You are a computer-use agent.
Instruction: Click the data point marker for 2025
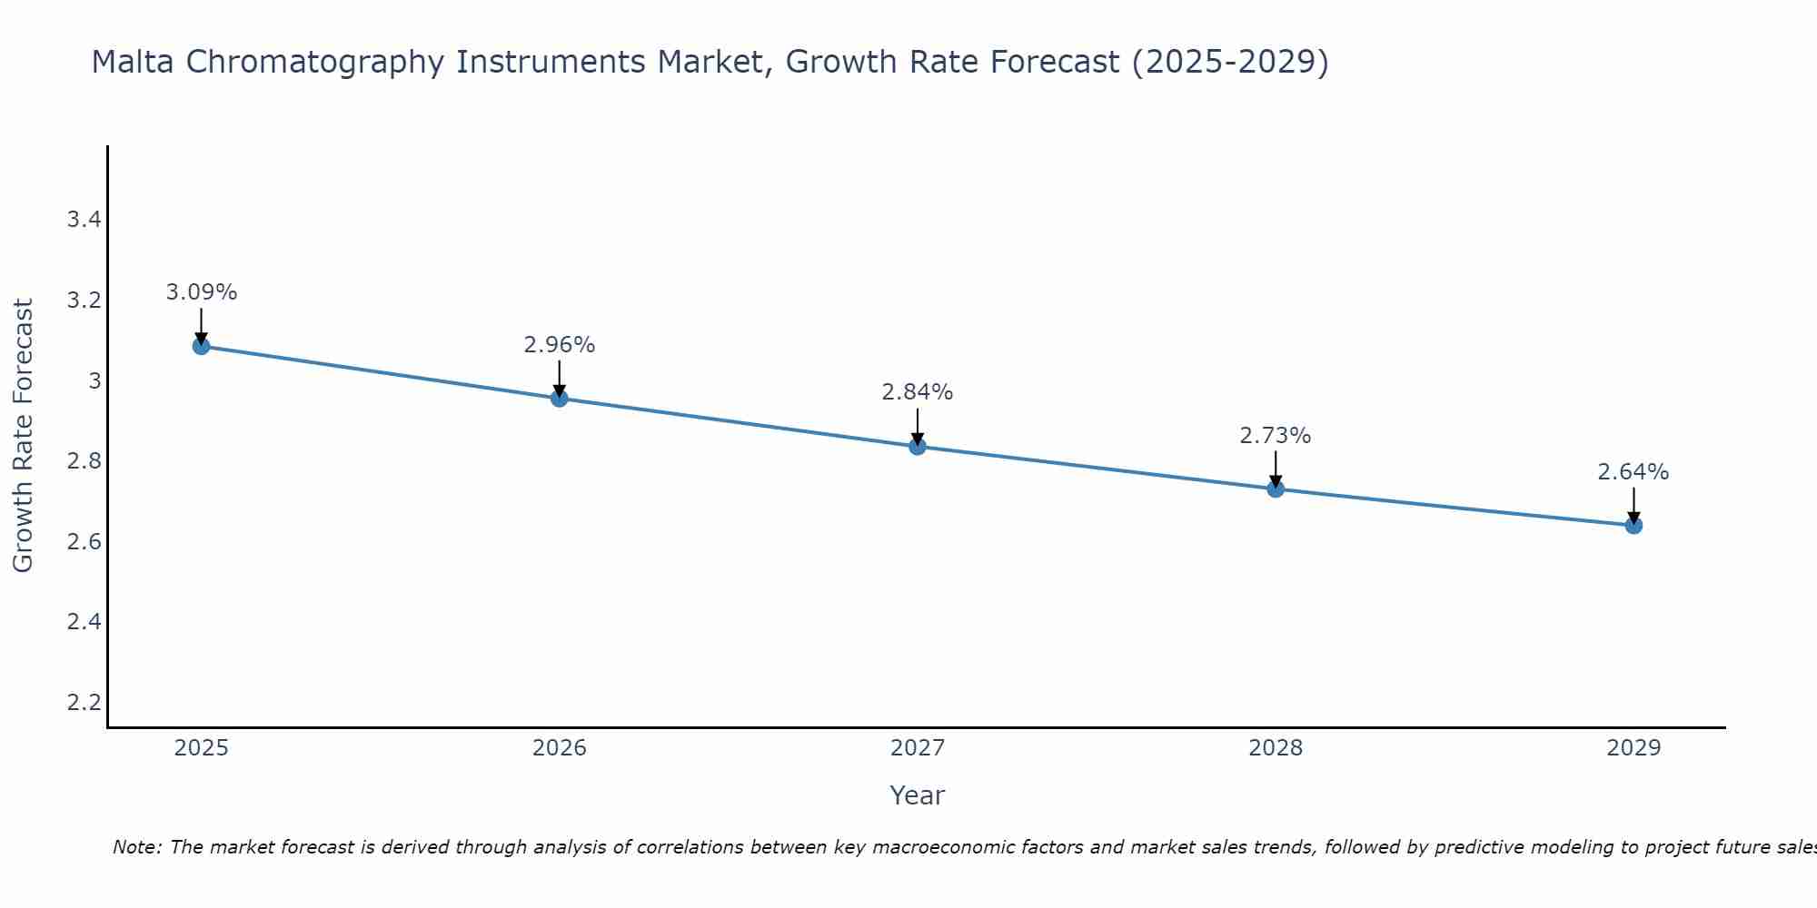(x=201, y=346)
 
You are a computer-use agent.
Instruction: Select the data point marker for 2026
(x=559, y=398)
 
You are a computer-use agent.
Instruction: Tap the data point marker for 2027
(x=917, y=446)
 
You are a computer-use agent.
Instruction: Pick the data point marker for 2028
(x=1276, y=489)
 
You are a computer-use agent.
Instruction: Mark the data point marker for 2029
(x=1633, y=525)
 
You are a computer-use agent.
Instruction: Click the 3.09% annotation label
(x=201, y=292)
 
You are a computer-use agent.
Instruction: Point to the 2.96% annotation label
(x=559, y=345)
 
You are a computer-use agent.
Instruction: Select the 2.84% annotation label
(x=917, y=392)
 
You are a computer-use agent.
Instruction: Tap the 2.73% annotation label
(x=1276, y=436)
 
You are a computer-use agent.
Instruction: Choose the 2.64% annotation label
(x=1633, y=472)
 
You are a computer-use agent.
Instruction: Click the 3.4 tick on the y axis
(x=84, y=220)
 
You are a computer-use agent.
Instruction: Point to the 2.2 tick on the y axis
(x=84, y=702)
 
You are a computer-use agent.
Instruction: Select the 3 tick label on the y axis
(x=94, y=380)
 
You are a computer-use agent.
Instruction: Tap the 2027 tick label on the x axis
(x=917, y=748)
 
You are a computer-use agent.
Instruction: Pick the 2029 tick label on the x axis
(x=1633, y=748)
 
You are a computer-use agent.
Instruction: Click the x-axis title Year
(x=917, y=795)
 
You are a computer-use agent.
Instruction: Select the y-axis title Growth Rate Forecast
(x=23, y=436)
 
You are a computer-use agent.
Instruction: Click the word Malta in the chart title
(x=134, y=62)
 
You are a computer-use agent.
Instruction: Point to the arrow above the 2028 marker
(x=1276, y=468)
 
